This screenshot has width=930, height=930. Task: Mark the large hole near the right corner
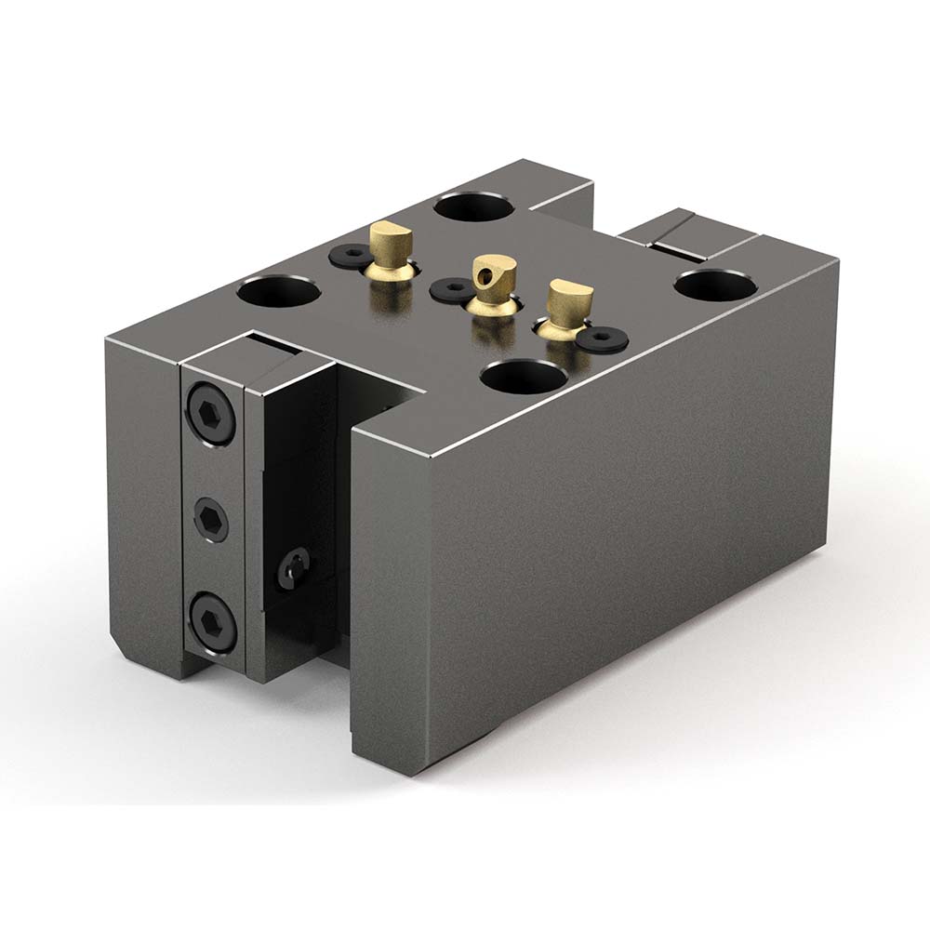pos(713,284)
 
